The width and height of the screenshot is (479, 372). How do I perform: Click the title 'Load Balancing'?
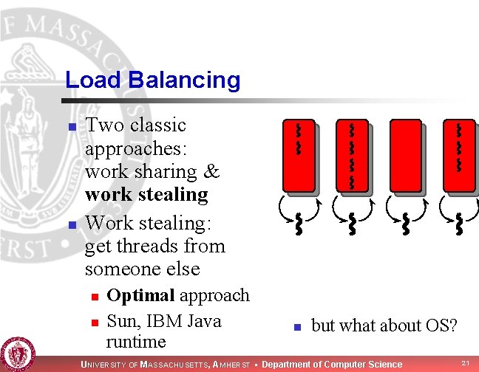tap(152, 80)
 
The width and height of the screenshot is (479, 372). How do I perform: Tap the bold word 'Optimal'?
tap(140, 295)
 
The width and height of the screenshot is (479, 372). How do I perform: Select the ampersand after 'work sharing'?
tap(212, 171)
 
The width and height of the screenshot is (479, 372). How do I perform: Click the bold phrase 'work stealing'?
tap(146, 194)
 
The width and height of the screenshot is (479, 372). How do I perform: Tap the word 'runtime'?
tap(136, 342)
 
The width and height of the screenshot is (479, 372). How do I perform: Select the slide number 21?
tap(465, 363)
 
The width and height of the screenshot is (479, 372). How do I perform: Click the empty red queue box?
tap(405, 156)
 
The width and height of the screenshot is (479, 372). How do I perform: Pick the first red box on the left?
tap(297, 156)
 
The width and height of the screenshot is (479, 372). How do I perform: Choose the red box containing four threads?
tap(351, 156)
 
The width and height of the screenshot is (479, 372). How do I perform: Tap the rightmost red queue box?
tap(458, 156)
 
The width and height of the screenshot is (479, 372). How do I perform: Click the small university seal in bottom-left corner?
tap(17, 353)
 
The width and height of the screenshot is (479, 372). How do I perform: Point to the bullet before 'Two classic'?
tap(72, 128)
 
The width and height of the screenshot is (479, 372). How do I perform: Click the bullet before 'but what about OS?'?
tap(294, 326)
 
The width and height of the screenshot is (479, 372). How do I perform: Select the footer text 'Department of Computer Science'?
tap(333, 364)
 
